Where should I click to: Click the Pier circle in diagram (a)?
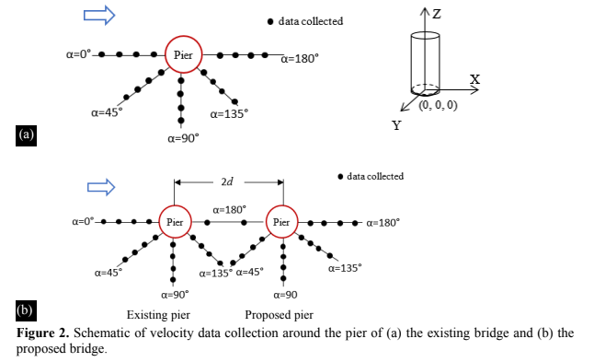(183, 55)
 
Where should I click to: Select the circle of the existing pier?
(174, 222)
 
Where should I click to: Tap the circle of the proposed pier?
(282, 222)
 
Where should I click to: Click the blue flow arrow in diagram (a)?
(99, 16)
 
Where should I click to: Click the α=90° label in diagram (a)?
(183, 138)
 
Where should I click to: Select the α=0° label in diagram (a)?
(79, 54)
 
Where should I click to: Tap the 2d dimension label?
(227, 181)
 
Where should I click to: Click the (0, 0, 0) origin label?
(438, 105)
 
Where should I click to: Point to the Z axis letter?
(438, 13)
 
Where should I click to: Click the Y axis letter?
(396, 125)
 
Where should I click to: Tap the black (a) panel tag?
(26, 134)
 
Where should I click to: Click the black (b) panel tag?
(26, 308)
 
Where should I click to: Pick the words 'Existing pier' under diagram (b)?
(157, 313)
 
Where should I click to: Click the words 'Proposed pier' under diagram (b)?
(279, 313)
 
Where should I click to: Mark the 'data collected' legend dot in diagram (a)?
(269, 21)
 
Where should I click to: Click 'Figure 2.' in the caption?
(43, 333)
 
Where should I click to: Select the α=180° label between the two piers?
(228, 210)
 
